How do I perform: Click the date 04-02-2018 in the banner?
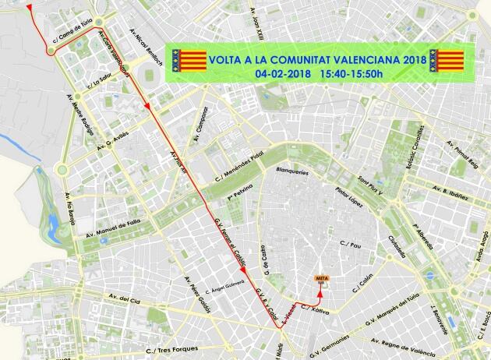click(x=283, y=73)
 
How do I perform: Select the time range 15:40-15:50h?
click(x=351, y=73)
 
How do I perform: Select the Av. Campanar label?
click(x=203, y=124)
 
